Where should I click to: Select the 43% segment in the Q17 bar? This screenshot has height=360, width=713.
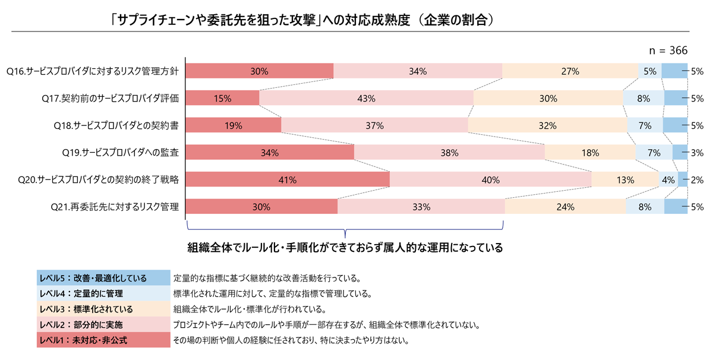click(366, 98)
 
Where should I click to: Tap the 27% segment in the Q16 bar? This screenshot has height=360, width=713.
click(570, 71)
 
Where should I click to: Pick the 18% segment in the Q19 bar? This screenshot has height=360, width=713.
click(589, 153)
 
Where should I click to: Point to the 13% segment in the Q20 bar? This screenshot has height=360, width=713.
click(625, 179)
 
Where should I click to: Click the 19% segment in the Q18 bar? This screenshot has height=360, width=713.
click(234, 125)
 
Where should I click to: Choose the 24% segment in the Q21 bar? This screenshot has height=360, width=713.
click(565, 207)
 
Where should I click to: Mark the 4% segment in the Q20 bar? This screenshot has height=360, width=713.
click(668, 179)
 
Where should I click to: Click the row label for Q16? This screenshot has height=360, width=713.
click(93, 71)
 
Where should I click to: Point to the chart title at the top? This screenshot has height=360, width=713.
click(302, 20)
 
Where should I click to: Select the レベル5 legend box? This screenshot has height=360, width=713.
click(102, 278)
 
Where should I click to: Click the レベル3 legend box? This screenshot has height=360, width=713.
click(102, 310)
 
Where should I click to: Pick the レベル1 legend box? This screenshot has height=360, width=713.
click(102, 341)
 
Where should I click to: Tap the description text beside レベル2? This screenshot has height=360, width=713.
click(326, 326)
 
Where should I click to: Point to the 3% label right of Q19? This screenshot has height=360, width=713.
click(698, 153)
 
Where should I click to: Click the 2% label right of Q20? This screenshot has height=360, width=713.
click(698, 179)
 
